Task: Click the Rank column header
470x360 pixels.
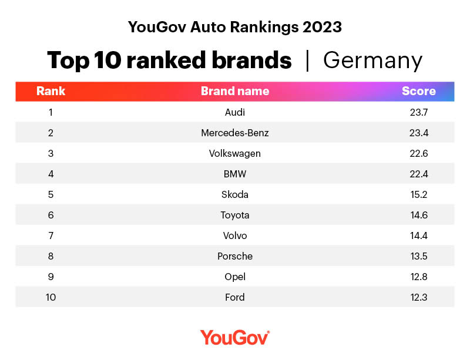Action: coord(51,91)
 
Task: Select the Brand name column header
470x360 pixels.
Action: coord(235,91)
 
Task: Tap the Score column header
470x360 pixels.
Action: coord(418,91)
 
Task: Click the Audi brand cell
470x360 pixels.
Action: coord(235,112)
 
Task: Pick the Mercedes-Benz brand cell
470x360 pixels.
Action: coord(235,133)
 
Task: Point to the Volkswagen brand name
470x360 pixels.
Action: coord(235,153)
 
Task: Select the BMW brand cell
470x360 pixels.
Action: coord(235,174)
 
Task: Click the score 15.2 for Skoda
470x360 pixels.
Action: coord(418,194)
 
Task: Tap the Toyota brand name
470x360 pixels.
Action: coord(235,215)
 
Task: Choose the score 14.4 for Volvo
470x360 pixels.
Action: coord(418,235)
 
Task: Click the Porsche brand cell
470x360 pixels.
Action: coord(235,256)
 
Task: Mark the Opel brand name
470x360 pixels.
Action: coord(235,277)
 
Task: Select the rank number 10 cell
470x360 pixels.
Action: coord(51,297)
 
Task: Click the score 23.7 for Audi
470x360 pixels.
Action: coord(418,112)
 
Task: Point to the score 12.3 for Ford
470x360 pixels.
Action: coord(418,297)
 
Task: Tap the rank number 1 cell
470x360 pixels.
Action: coord(51,112)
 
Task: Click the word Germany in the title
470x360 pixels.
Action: coord(372,60)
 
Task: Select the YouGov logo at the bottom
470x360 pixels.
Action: coord(235,337)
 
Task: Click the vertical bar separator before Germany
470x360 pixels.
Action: coord(307,60)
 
